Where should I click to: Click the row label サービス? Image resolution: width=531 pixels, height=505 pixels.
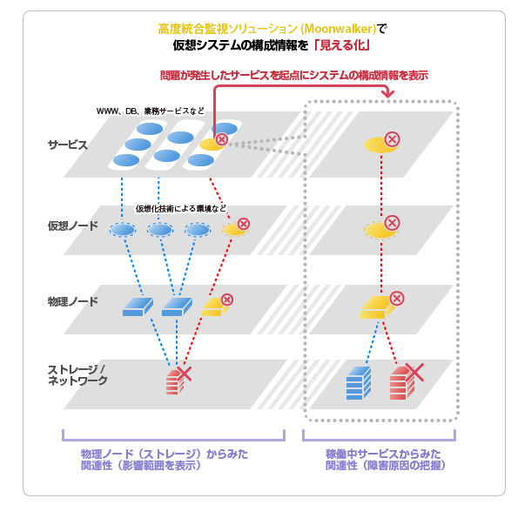67,145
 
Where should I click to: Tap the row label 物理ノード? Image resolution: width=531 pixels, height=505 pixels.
72,302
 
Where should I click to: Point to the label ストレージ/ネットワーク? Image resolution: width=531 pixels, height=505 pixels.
77,375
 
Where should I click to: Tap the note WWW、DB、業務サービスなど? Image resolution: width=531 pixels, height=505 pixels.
151,112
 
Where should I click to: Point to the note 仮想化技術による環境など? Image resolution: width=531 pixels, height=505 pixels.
181,209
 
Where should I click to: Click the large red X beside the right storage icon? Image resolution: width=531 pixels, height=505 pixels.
414,374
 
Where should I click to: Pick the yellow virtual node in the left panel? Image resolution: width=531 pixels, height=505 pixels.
232,230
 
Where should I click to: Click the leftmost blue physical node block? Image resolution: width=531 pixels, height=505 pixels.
137,306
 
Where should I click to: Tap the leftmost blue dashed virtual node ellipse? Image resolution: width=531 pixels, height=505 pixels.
122,230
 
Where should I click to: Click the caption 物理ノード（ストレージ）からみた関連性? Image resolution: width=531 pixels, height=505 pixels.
140,460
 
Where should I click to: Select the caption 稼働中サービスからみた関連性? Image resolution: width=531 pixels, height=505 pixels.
383,460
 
